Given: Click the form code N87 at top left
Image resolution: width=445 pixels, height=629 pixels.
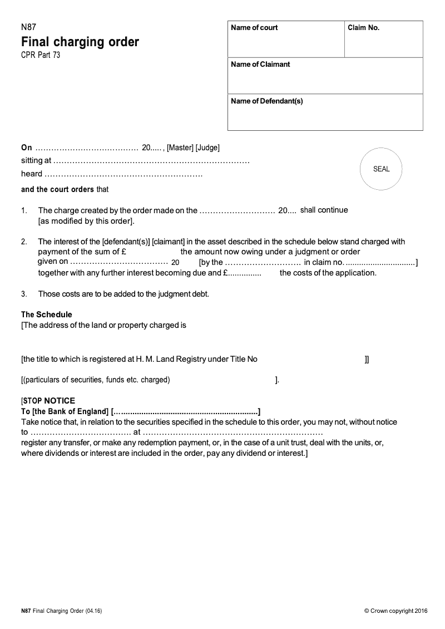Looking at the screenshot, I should click(28, 27).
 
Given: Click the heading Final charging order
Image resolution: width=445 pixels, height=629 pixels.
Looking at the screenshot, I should click(80, 42).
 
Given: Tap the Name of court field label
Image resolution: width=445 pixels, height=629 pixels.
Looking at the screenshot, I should click(254, 28).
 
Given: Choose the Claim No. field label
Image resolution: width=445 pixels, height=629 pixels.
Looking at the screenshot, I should click(363, 28).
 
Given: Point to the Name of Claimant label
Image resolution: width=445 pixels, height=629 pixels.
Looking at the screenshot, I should click(260, 65).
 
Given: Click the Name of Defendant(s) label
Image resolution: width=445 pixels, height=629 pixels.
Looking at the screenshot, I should click(266, 101).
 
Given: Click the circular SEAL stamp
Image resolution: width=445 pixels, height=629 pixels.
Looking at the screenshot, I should click(381, 169).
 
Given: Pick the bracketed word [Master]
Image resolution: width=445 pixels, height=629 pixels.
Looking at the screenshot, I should click(180, 148).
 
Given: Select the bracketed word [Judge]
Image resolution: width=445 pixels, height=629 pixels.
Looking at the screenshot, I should click(207, 148).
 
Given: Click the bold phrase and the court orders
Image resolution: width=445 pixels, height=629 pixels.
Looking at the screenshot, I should click(57, 189).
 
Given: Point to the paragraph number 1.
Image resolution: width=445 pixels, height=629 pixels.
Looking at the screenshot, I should click(24, 211).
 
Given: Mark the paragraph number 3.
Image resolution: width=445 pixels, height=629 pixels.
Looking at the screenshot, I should click(24, 293).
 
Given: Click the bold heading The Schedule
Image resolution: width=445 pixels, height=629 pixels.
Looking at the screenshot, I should click(47, 314).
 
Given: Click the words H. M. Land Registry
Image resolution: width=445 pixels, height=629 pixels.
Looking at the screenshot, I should click(170, 360).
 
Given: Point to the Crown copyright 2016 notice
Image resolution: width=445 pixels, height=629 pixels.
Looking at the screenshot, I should click(395, 611).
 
